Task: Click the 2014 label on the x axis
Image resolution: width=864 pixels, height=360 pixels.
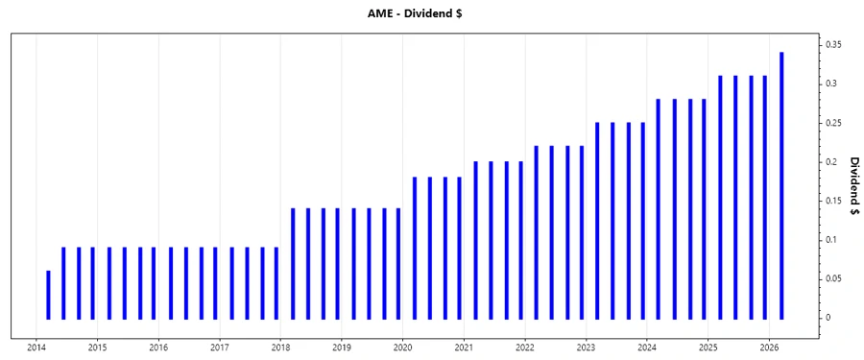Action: coord(36,348)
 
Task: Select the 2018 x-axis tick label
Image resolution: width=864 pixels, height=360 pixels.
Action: coord(280,348)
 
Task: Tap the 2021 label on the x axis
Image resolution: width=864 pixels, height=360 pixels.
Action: coord(464,348)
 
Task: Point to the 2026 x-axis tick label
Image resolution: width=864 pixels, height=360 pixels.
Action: coord(769,348)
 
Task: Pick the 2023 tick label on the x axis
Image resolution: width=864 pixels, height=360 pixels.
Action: coord(586,348)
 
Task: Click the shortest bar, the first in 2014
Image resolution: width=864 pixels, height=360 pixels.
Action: coord(48,295)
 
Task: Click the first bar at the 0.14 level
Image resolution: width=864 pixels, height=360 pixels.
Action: coord(293,263)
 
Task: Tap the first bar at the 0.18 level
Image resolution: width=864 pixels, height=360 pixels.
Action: coord(415,248)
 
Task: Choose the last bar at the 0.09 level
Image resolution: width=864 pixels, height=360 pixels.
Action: coord(276,283)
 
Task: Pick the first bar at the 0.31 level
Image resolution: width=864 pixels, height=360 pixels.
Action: coord(720,197)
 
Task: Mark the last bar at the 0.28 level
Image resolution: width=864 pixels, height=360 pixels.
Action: coord(704,208)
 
